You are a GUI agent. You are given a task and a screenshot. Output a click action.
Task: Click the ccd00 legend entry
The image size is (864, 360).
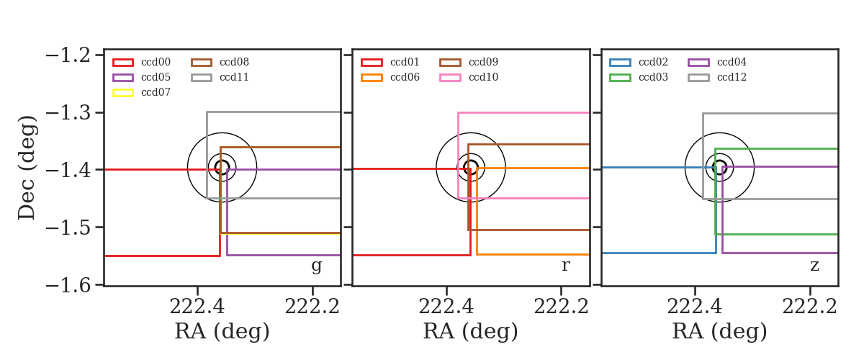pyautogui.click(x=142, y=62)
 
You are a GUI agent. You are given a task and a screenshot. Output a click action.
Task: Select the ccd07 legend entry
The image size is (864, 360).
pyautogui.click(x=142, y=93)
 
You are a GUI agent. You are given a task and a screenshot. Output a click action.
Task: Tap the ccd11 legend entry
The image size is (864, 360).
pyautogui.click(x=220, y=78)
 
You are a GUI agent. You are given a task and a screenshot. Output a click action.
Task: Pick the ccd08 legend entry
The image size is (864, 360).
pyautogui.click(x=220, y=62)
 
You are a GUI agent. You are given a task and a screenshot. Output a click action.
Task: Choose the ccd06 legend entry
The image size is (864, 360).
pyautogui.click(x=390, y=78)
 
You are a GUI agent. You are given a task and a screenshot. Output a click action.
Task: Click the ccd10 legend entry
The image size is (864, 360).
pyautogui.click(x=469, y=78)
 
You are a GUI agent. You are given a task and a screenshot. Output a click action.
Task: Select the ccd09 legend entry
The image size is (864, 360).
pyautogui.click(x=469, y=62)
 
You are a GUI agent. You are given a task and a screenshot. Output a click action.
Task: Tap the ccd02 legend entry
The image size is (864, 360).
pyautogui.click(x=639, y=62)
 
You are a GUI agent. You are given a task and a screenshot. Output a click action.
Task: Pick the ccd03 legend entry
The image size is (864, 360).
pyautogui.click(x=639, y=78)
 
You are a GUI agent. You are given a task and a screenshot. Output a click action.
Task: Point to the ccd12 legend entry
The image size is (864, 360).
pyautogui.click(x=717, y=78)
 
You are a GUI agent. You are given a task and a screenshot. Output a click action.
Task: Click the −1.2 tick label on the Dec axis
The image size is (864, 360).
pyautogui.click(x=68, y=55)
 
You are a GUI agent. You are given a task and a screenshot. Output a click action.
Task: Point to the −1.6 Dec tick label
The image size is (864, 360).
pyautogui.click(x=68, y=286)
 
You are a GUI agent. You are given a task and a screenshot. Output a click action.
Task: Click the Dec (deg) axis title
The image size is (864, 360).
pyautogui.click(x=27, y=168)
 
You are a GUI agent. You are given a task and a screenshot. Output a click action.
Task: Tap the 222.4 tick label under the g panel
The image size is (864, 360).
pyautogui.click(x=197, y=307)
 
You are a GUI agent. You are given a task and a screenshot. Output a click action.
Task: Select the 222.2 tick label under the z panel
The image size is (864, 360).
pyautogui.click(x=809, y=307)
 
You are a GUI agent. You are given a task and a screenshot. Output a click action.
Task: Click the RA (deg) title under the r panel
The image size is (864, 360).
pyautogui.click(x=471, y=331)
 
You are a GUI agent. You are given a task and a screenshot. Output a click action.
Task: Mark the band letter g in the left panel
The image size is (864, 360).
pyautogui.click(x=316, y=266)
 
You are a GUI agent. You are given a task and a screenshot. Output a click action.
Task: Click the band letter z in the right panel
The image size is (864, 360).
pyautogui.click(x=814, y=266)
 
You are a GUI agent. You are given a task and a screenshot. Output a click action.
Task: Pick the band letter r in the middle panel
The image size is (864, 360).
pyautogui.click(x=565, y=266)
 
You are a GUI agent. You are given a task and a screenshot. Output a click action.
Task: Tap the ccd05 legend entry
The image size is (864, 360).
pyautogui.click(x=142, y=78)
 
